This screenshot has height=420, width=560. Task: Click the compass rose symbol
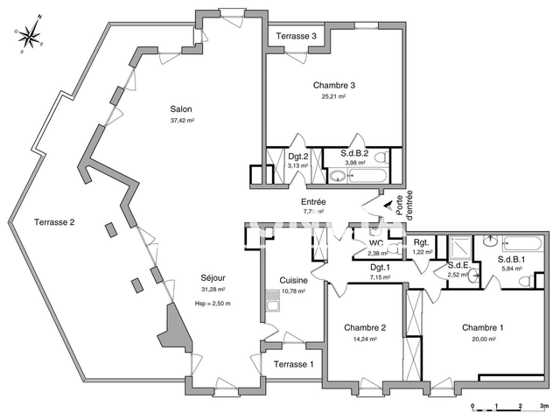[x=30, y=36]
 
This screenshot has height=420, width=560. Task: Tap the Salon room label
[x=181, y=109]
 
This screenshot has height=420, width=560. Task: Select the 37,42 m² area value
[x=181, y=122]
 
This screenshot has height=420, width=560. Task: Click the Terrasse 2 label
[x=54, y=222]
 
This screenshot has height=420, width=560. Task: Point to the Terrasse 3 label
[x=296, y=36]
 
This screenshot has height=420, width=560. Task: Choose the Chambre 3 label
[x=333, y=85]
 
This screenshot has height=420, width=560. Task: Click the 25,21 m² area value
[x=333, y=97]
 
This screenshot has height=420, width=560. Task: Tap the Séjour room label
[x=213, y=279]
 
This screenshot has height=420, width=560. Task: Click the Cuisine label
[x=292, y=280]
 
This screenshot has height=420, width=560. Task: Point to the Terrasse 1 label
[x=293, y=364]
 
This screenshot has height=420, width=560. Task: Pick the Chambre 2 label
[x=364, y=328]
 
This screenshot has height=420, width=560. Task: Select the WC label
[x=376, y=244]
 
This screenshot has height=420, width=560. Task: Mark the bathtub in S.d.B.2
[x=362, y=176]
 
